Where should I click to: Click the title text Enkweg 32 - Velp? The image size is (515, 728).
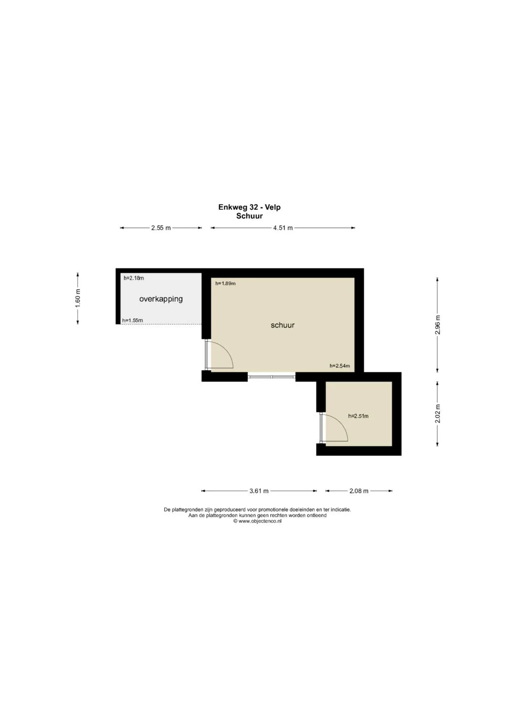click(x=249, y=207)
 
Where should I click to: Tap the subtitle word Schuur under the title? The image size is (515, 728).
click(x=249, y=216)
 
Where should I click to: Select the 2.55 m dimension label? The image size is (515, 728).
click(x=161, y=228)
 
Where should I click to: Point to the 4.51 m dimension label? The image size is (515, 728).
click(x=283, y=228)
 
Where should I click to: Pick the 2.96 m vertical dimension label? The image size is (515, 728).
click(x=438, y=325)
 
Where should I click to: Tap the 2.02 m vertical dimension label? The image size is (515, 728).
click(x=438, y=414)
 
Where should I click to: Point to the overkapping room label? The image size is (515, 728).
click(x=161, y=299)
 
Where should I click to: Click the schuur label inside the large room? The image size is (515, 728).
click(x=282, y=325)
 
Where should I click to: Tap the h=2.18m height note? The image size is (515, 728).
click(x=134, y=278)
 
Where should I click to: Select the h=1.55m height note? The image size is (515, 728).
click(x=133, y=320)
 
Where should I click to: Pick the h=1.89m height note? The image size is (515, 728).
click(x=225, y=283)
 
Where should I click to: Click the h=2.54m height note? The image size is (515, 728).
click(x=340, y=366)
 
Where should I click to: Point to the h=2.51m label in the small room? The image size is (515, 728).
click(x=358, y=416)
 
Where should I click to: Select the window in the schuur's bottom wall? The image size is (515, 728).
click(x=271, y=377)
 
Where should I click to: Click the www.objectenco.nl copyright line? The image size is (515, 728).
click(x=257, y=521)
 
